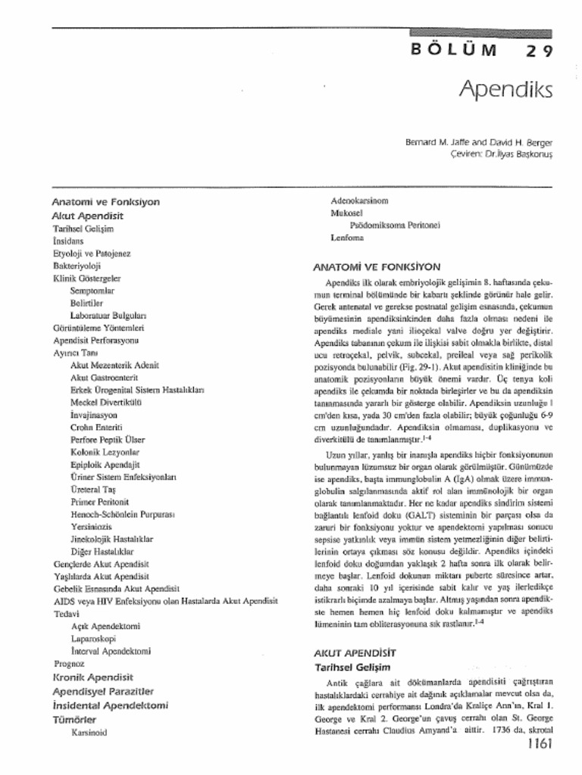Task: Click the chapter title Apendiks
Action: click(505, 90)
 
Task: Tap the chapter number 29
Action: click(540, 51)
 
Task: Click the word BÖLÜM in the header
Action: click(454, 51)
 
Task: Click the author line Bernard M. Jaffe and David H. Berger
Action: click(480, 142)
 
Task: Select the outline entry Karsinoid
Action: click(89, 732)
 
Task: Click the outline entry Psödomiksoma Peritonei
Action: click(395, 225)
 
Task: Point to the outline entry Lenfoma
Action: click(347, 238)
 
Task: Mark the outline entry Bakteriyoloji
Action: click(77, 266)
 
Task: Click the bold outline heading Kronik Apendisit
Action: click(92, 677)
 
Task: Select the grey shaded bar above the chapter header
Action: click(480, 33)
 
